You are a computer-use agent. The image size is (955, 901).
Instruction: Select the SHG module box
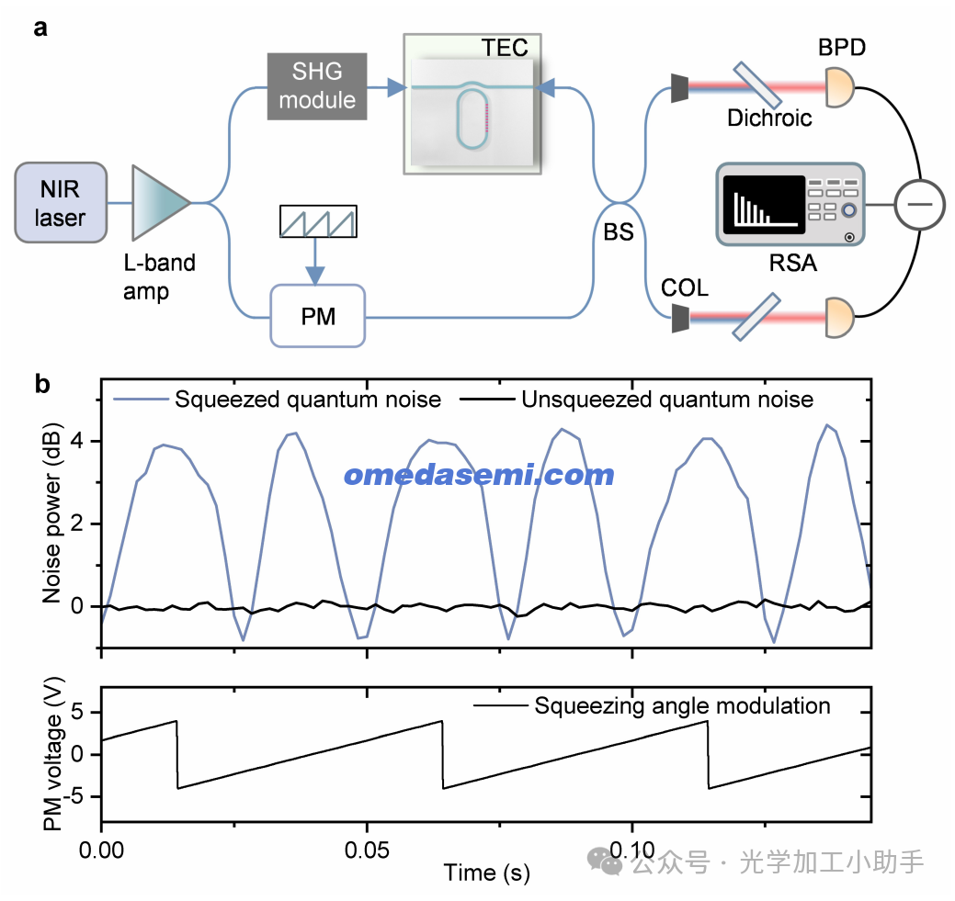coord(317,86)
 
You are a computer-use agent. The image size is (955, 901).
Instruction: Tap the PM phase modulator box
coord(317,317)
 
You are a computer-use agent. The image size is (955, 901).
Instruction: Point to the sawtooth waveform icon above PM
coord(317,223)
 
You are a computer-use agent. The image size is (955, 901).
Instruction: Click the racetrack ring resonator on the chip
coord(473,116)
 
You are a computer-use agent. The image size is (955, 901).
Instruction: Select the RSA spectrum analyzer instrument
coord(790,205)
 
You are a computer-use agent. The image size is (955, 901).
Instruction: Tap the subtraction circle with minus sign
coord(919,203)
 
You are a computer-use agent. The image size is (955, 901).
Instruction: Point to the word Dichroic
coord(769,118)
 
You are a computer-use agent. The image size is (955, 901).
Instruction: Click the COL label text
coord(685,287)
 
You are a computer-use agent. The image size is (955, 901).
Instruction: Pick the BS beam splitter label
coord(619,231)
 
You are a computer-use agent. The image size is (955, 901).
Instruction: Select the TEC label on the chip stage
coord(505,47)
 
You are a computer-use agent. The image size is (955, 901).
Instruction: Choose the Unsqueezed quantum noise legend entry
coord(666,399)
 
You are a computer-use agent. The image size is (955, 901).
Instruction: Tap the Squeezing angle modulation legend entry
coord(682,705)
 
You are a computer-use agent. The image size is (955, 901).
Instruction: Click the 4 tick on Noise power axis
coord(79,441)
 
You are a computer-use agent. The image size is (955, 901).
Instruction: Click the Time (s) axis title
coord(486,872)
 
